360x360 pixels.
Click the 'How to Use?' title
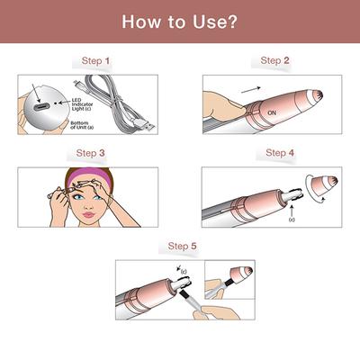tap(180, 20)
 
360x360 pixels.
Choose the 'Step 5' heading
tap(184, 245)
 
